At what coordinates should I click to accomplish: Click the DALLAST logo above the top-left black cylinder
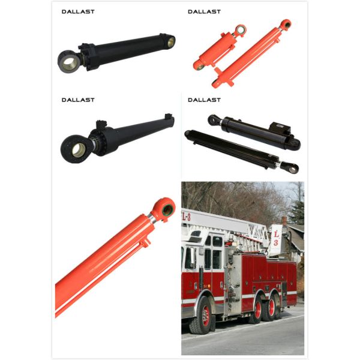pyautogui.click(x=78, y=11)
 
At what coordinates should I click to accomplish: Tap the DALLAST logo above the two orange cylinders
pyautogui.click(x=204, y=11)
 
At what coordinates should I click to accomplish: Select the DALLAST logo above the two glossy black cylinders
pyautogui.click(x=204, y=100)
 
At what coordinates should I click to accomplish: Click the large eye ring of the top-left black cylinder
pyautogui.click(x=68, y=62)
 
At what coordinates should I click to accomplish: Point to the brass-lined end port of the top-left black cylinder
pyautogui.click(x=171, y=42)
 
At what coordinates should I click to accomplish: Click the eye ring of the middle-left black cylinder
pyautogui.click(x=76, y=149)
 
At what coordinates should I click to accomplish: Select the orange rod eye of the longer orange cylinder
pyautogui.click(x=286, y=25)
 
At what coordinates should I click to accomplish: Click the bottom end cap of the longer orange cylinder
pyautogui.click(x=216, y=83)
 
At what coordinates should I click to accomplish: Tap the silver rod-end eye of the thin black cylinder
pyautogui.click(x=292, y=169)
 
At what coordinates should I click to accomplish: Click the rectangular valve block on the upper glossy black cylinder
pyautogui.click(x=279, y=128)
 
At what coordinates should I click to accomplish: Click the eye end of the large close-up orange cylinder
pyautogui.click(x=163, y=209)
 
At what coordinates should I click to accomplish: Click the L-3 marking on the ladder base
pyautogui.click(x=187, y=216)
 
